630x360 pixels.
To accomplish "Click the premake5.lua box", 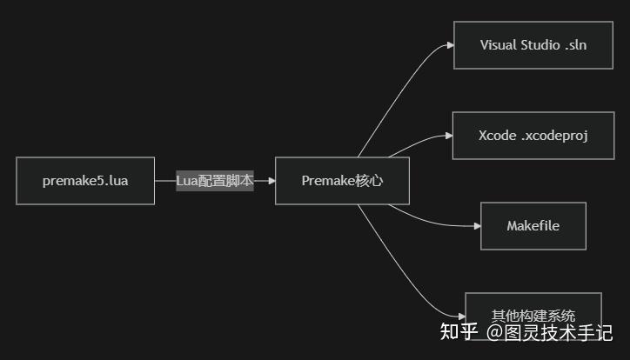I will (85, 181).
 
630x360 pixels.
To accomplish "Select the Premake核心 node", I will (342, 181).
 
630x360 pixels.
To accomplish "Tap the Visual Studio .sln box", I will (533, 44).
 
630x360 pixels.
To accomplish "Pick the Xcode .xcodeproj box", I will (533, 136).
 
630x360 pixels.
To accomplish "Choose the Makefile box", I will (533, 226).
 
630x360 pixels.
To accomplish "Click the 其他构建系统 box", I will (533, 316).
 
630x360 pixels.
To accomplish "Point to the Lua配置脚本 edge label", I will (214, 181).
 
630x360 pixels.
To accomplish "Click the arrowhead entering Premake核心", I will (271, 181).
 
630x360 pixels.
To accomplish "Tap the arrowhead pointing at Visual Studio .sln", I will (449, 44).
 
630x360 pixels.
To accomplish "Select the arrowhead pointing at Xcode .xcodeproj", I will (448, 136).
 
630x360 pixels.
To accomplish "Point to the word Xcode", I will (497, 136).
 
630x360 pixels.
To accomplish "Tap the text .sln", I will (575, 44).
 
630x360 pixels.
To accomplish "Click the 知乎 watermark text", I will (459, 332).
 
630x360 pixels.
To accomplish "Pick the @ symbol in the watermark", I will (493, 332).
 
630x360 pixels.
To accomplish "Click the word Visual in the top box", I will (499, 44).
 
